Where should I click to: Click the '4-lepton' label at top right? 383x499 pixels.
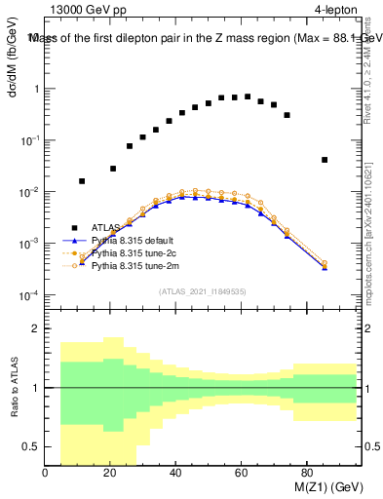tap(337, 10)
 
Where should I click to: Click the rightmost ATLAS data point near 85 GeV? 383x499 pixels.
tap(325, 160)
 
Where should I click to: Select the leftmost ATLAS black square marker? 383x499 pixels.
tap(82, 181)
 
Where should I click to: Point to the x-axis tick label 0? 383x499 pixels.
tap(46, 475)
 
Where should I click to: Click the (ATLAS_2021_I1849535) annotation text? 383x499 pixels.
tap(203, 290)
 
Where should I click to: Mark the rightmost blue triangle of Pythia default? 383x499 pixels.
tap(325, 267)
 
